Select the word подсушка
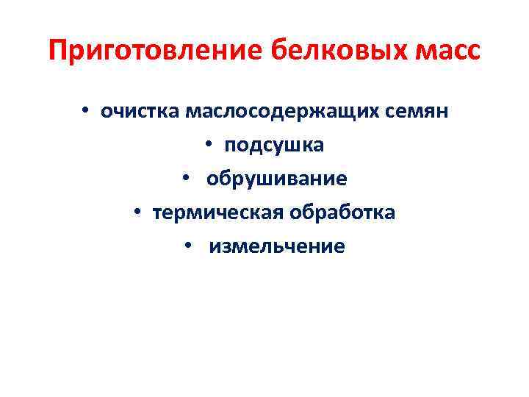point(274,145)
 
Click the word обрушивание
point(277,179)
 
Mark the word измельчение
point(276,246)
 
